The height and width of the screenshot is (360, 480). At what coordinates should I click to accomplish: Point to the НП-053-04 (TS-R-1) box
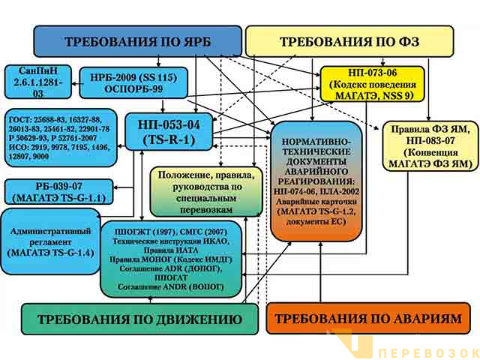tap(163, 129)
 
